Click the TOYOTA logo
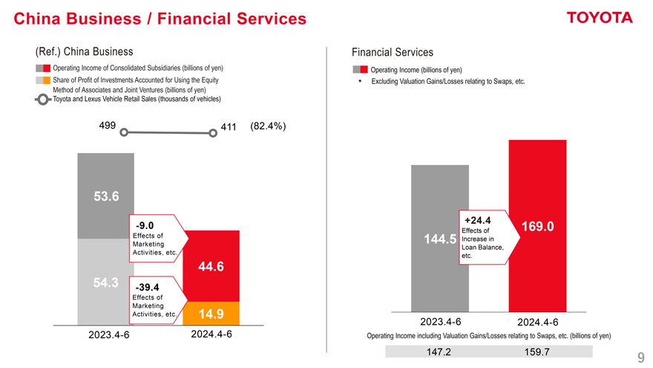[x=599, y=18]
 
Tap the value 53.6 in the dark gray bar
[x=105, y=196]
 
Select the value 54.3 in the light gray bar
[x=105, y=283]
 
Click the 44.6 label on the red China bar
[x=211, y=267]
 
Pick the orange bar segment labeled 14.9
[x=211, y=313]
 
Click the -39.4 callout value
[x=148, y=287]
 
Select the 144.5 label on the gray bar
[x=439, y=239]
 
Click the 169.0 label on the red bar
[x=538, y=227]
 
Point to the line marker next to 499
[x=125, y=133]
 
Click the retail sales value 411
[x=228, y=127]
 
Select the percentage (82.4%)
[x=269, y=126]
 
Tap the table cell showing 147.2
[x=439, y=352]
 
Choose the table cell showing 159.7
[x=536, y=352]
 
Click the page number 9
[x=640, y=357]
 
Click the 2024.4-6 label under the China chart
[x=211, y=335]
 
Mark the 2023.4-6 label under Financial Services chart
[x=440, y=322]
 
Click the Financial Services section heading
[x=393, y=52]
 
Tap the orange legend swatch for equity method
[x=46, y=80]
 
